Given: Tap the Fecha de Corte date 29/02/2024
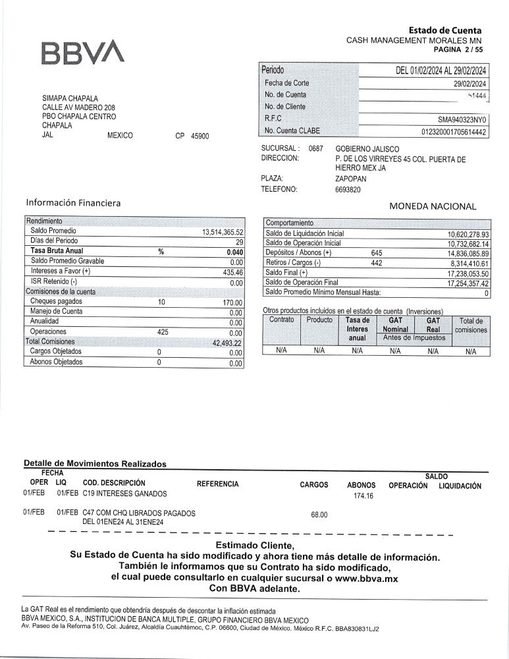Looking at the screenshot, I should click(x=469, y=84).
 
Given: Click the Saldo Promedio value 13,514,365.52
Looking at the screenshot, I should click(x=223, y=232).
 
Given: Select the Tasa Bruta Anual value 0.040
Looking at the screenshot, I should click(x=234, y=252).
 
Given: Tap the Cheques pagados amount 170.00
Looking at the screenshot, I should click(x=232, y=302).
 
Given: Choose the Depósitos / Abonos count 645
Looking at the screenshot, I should click(x=377, y=253).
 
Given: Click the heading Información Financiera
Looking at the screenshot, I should click(x=73, y=203).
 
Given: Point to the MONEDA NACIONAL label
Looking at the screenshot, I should click(x=432, y=206).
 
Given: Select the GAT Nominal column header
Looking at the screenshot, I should click(x=395, y=325).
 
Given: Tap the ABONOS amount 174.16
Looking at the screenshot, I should click(x=363, y=496).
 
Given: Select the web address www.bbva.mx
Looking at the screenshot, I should click(x=366, y=578).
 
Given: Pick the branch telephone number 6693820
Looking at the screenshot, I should click(x=348, y=190).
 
